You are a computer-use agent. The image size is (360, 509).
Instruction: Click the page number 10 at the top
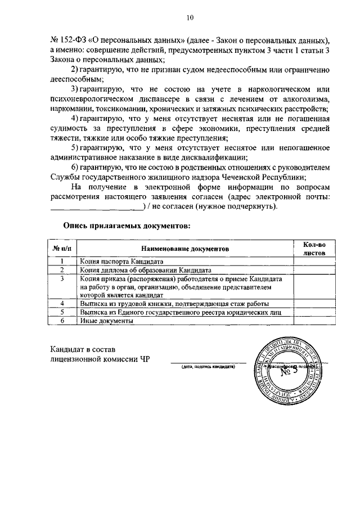pyautogui.click(x=190, y=18)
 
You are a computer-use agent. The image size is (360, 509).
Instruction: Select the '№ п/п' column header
pyautogui.click(x=62, y=248)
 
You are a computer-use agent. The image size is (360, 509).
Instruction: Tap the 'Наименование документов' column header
pyautogui.click(x=185, y=248)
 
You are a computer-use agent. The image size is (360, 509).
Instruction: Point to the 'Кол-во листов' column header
pyautogui.click(x=314, y=248)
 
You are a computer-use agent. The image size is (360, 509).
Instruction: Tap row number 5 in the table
pyautogui.click(x=62, y=312)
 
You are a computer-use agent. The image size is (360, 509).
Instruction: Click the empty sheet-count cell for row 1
pyautogui.click(x=314, y=262)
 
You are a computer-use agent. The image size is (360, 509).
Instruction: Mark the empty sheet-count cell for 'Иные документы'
pyautogui.click(x=314, y=321)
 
